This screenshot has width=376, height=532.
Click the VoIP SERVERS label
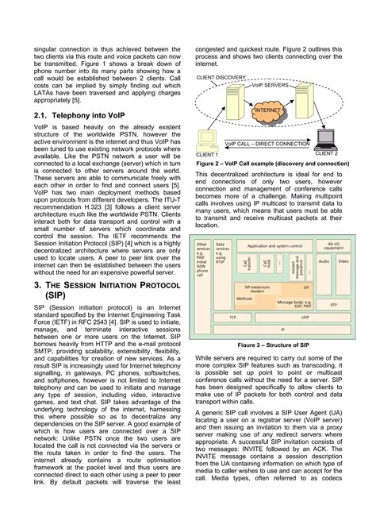(271, 85)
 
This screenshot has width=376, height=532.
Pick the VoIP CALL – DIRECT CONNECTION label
(267, 145)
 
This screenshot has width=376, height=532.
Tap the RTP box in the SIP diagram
(333, 304)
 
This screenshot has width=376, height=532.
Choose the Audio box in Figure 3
(324, 260)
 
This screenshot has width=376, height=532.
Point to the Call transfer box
(247, 263)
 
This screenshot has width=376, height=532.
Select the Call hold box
(267, 263)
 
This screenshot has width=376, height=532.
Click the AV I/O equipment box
(333, 247)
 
